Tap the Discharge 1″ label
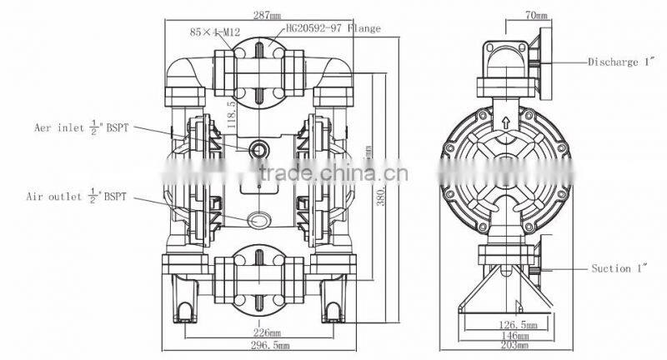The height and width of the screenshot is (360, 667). pyautogui.click(x=623, y=62)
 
